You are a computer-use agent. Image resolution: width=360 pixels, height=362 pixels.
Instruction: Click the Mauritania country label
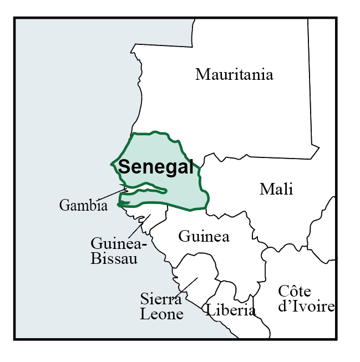tap(234, 74)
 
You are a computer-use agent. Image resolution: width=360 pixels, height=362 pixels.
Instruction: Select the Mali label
tap(276, 189)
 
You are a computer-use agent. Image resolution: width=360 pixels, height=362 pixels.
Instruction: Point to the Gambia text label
tap(83, 206)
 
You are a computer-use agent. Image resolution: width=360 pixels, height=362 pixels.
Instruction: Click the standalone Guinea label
tap(204, 237)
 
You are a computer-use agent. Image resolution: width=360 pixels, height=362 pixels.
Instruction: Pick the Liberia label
tap(231, 310)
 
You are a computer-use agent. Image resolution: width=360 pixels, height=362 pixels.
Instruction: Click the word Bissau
tap(113, 259)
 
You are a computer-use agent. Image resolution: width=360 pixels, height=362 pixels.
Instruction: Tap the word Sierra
tap(161, 300)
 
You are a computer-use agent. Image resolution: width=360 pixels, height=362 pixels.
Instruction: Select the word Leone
tap(162, 314)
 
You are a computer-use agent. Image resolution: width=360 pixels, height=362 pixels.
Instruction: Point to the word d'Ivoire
tap(306, 307)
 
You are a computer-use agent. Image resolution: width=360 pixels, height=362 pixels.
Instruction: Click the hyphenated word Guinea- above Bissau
tap(119, 244)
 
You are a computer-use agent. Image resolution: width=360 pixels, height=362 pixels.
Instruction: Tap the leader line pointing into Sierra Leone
tap(189, 285)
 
